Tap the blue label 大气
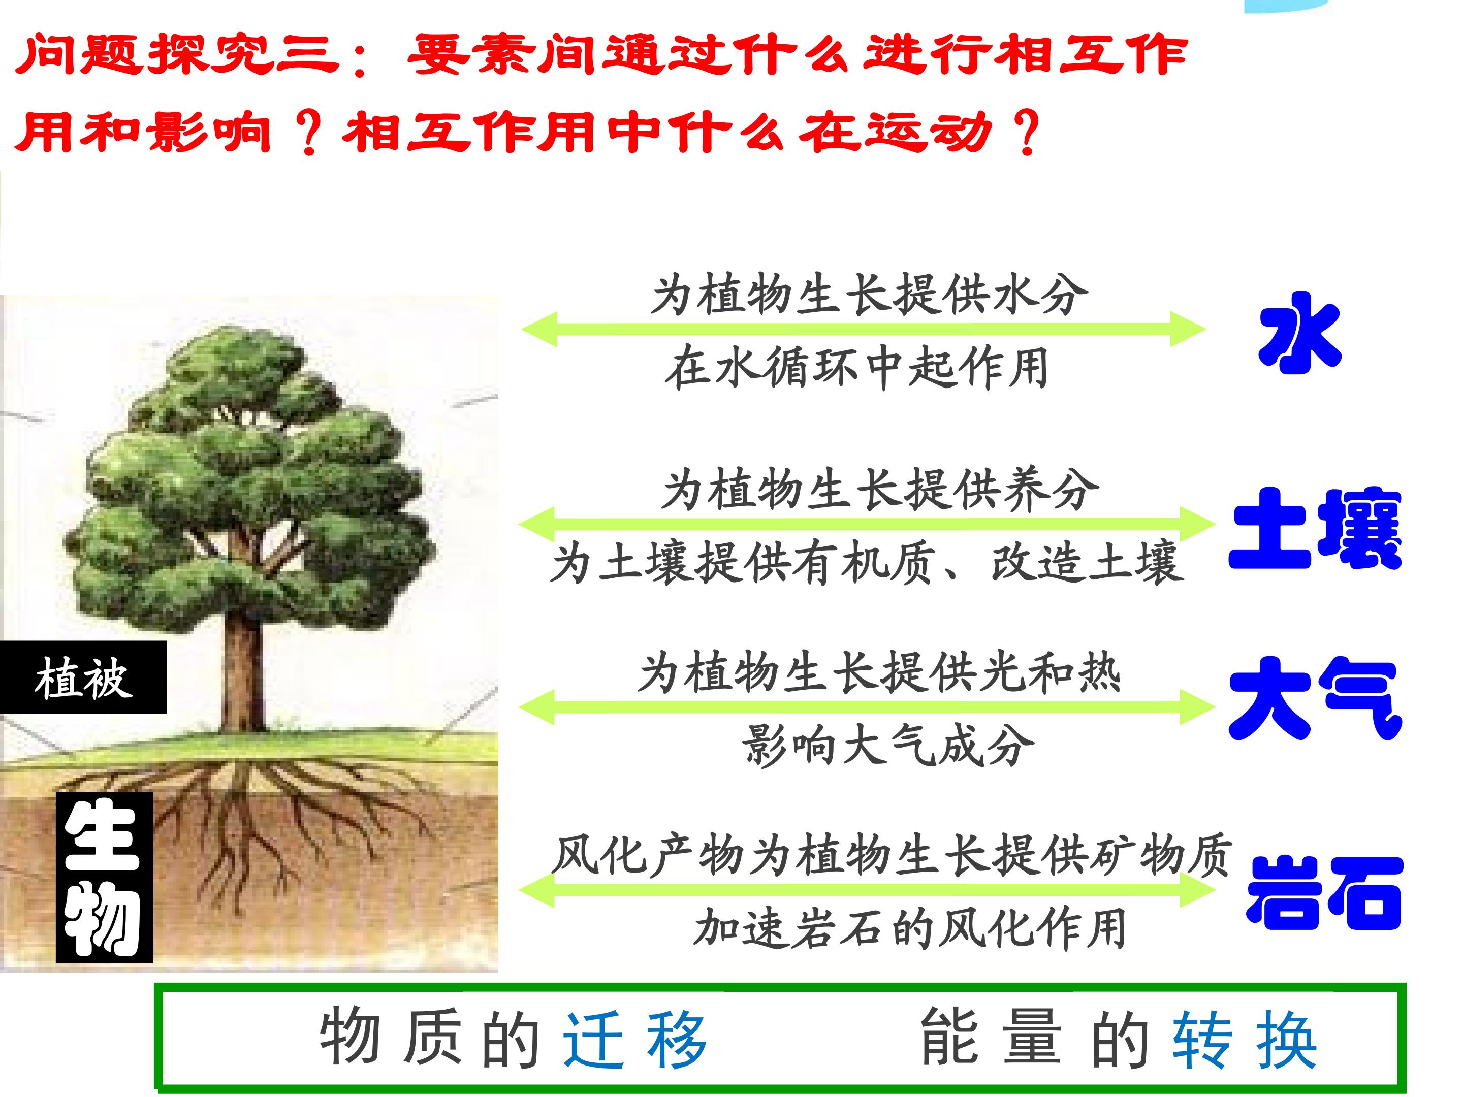click(x=1315, y=698)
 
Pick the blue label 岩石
click(x=1323, y=893)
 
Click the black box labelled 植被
click(x=83, y=677)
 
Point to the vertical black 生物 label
click(x=105, y=877)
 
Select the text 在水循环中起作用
click(x=857, y=368)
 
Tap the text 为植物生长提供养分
click(x=881, y=490)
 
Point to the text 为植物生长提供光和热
click(x=880, y=673)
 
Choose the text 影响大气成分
click(x=889, y=746)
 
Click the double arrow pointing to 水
click(x=864, y=329)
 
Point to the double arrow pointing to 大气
click(x=867, y=707)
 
